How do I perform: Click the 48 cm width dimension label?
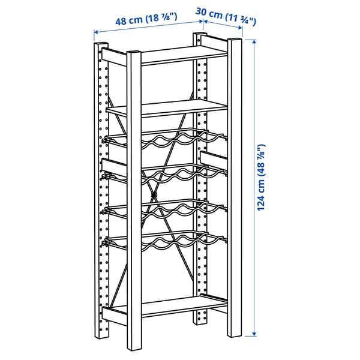click(146, 19)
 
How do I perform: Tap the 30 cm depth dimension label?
click(226, 17)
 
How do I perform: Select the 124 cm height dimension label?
click(261, 178)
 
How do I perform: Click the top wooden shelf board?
click(184, 55)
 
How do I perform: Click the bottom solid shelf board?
click(184, 307)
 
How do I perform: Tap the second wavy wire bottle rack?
click(166, 175)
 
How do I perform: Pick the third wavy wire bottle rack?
click(166, 209)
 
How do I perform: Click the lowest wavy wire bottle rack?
click(166, 241)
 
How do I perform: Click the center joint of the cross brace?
click(154, 195)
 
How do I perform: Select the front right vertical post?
click(235, 188)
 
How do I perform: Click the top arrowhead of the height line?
click(254, 42)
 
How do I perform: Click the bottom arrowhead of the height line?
click(254, 334)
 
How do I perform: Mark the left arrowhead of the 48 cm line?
click(96, 32)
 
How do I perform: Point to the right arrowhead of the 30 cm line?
click(240, 28)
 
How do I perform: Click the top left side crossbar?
click(114, 57)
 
